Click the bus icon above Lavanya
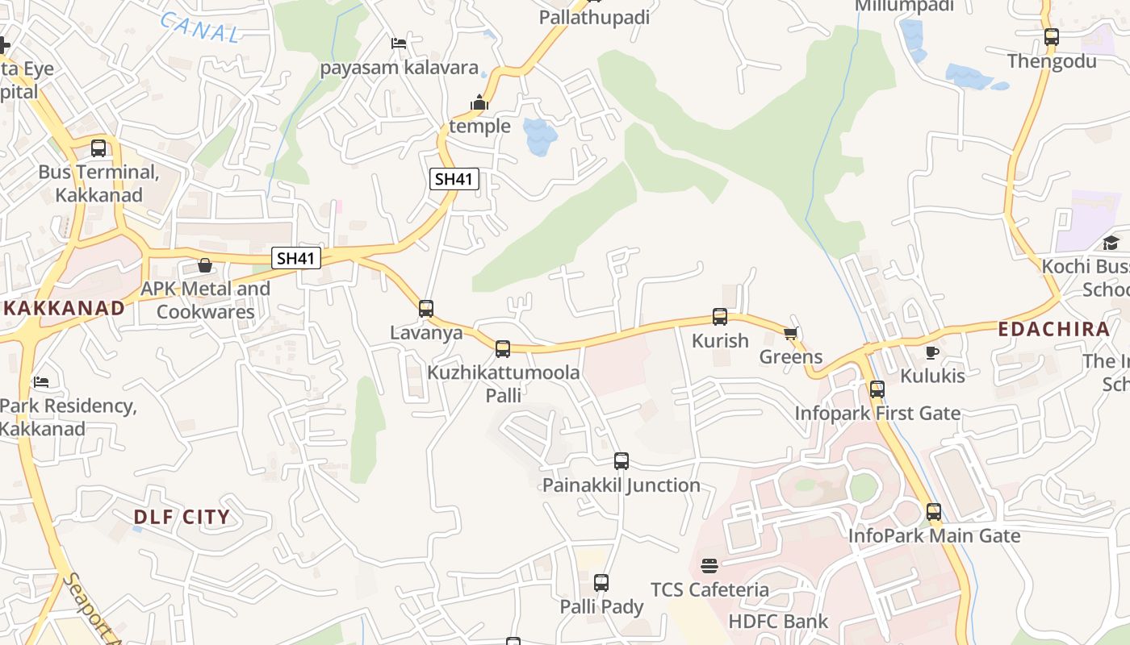tap(426, 308)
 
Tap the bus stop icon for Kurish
tap(720, 317)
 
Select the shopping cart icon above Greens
tap(790, 333)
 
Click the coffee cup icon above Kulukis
tap(932, 352)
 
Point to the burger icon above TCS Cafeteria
tap(709, 566)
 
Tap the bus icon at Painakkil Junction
tap(621, 461)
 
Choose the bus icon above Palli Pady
tap(601, 583)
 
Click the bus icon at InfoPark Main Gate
tap(934, 512)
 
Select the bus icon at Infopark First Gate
tap(877, 389)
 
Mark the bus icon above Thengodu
tap(1051, 37)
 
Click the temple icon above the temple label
tap(479, 102)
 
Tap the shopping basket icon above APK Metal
tap(205, 265)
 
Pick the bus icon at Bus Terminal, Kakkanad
tap(98, 148)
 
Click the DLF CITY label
tap(182, 518)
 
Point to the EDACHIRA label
tap(1054, 329)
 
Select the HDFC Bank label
tap(778, 622)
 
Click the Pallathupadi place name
tap(594, 17)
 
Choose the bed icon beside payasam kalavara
tap(399, 44)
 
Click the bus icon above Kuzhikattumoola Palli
tap(503, 349)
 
